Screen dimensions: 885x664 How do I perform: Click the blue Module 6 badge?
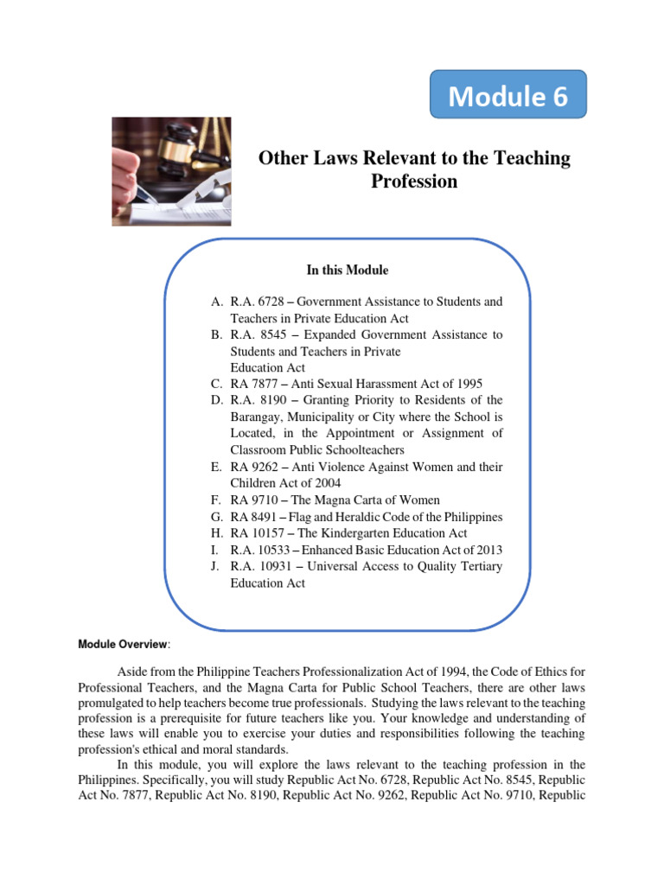508,95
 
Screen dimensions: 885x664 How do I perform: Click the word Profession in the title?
414,181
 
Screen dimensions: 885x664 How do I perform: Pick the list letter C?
215,384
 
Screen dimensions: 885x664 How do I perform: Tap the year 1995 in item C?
468,384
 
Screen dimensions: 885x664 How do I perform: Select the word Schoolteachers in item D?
360,450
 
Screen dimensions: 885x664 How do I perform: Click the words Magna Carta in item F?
354,500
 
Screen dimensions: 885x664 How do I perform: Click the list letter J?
215,566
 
